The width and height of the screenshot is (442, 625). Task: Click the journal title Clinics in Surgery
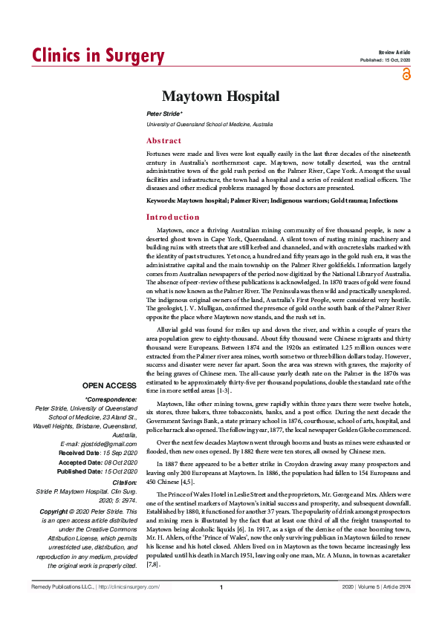(x=97, y=56)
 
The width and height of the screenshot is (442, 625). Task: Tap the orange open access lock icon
(x=406, y=73)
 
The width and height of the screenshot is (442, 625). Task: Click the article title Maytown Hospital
(x=221, y=96)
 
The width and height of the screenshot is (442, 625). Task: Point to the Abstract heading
(x=163, y=140)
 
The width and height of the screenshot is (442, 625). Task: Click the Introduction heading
(x=173, y=217)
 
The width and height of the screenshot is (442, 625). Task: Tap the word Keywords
(x=160, y=201)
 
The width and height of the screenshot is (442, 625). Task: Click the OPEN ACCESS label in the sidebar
(x=109, y=386)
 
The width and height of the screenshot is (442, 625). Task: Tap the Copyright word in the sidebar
(x=56, y=491)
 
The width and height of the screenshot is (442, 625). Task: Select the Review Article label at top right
(x=394, y=52)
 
